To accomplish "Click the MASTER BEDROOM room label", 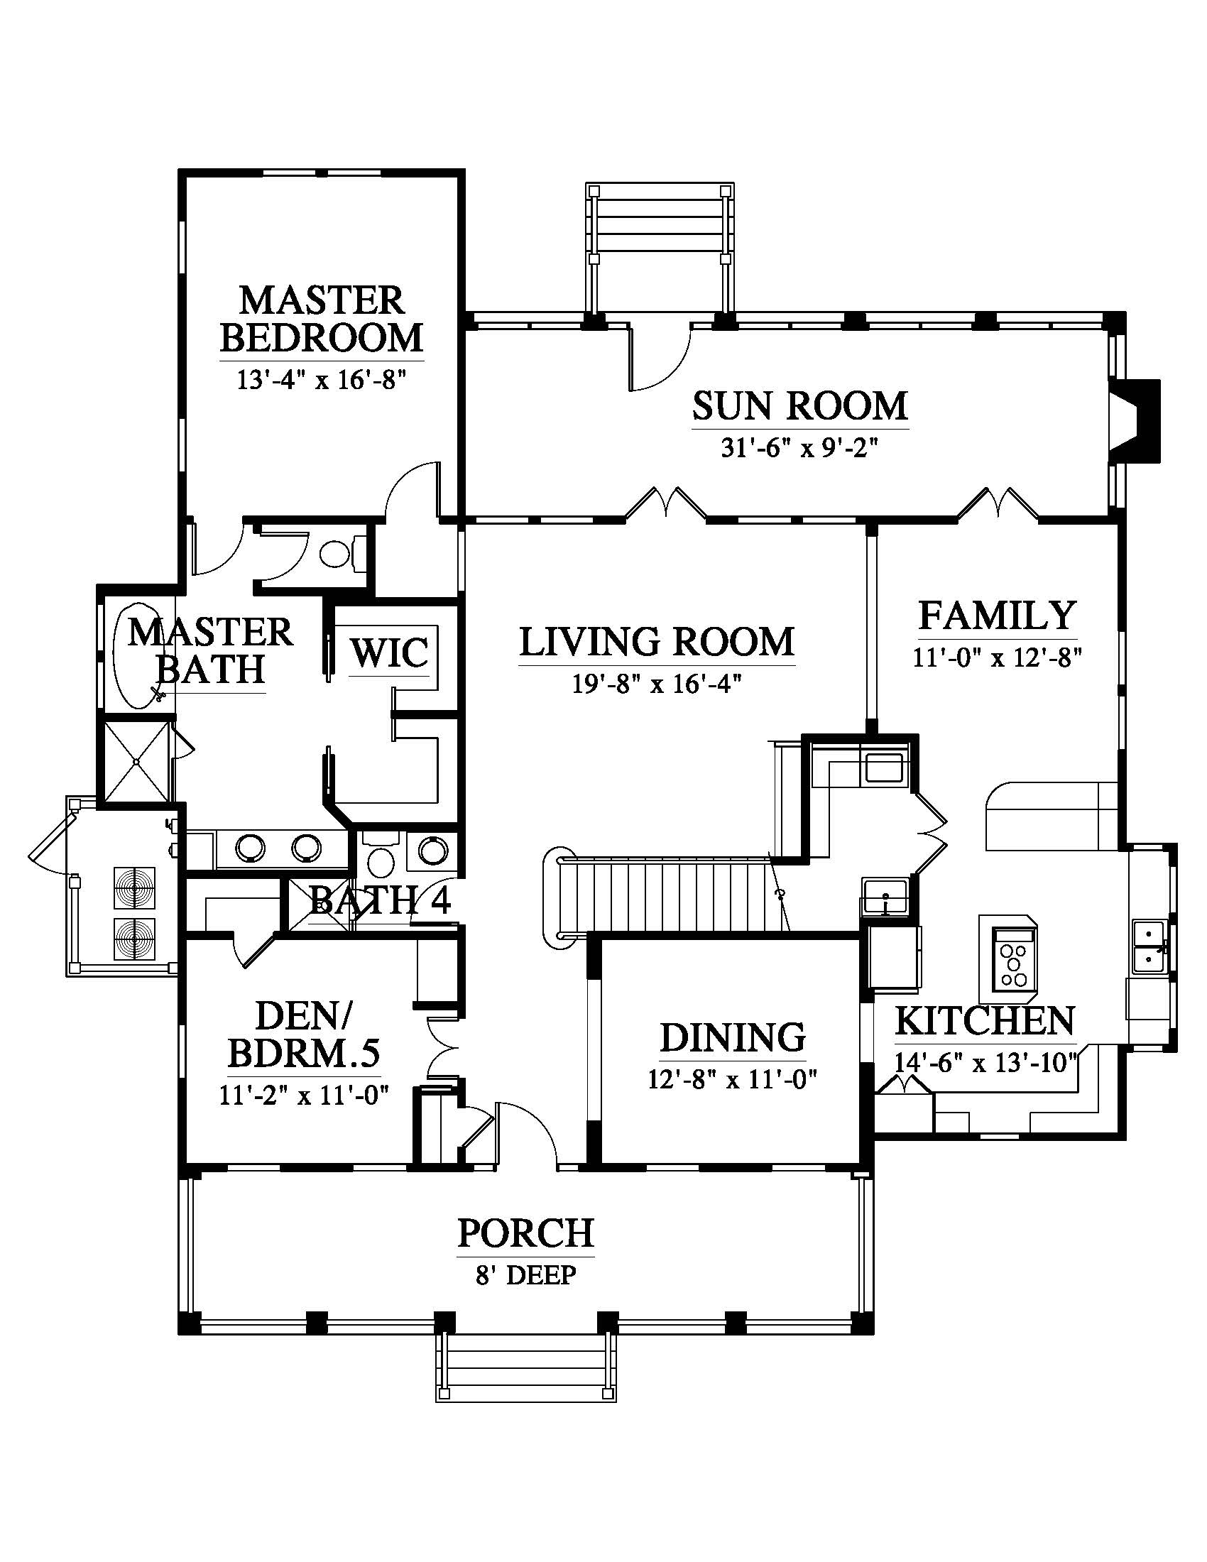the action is pos(321,319).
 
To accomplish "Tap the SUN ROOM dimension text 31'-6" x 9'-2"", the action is pos(799,449).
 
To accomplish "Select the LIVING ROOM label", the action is pos(657,642).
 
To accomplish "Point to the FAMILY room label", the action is pos(998,616).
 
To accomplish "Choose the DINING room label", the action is pos(733,1038).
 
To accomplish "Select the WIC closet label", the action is pos(390,652).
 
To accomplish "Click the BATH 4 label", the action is pos(381,900).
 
